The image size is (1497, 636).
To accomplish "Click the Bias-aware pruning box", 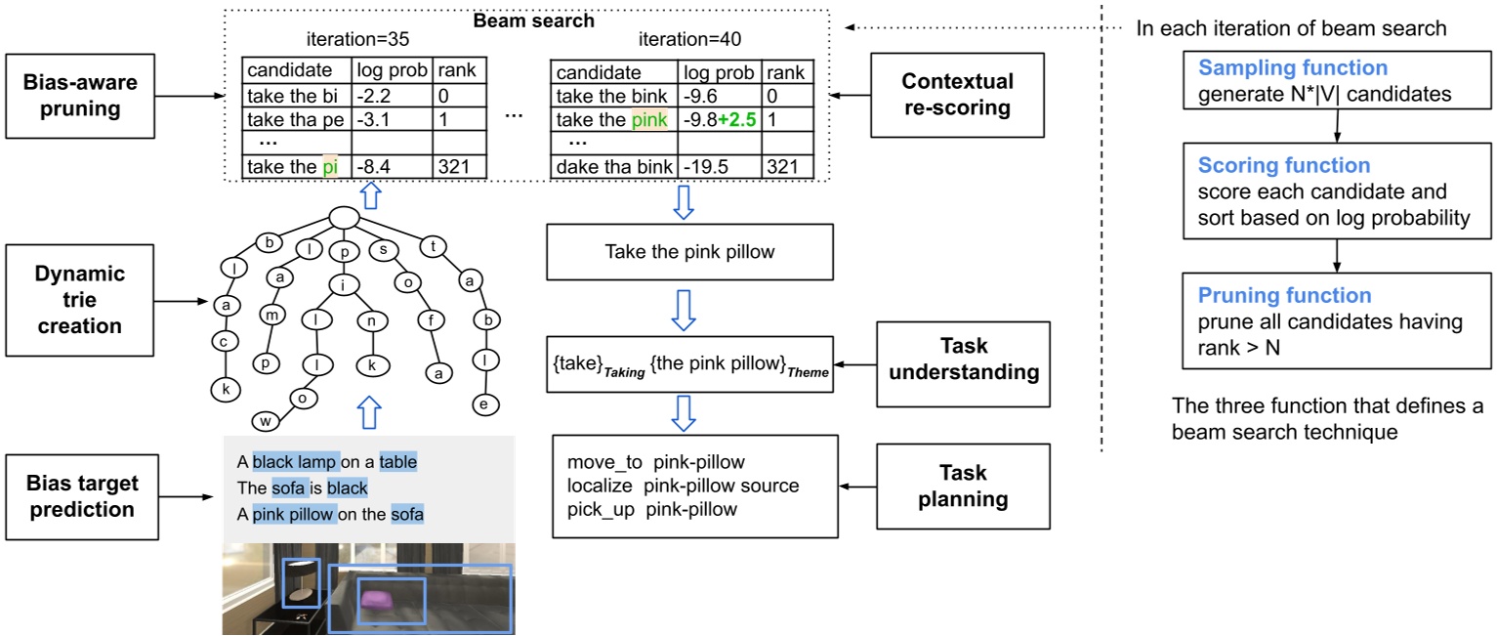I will (x=81, y=95).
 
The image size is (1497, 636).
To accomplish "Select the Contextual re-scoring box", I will (x=957, y=95).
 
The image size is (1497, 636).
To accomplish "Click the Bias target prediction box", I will (x=81, y=495).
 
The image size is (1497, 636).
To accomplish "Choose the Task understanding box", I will (x=964, y=359).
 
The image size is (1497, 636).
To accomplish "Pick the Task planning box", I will (x=964, y=486).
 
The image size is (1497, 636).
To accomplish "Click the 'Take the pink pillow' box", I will (x=689, y=252).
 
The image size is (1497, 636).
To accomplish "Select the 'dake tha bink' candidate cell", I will (x=612, y=167).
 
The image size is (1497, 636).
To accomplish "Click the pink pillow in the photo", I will (x=375, y=598).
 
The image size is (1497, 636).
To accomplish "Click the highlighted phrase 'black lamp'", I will (x=295, y=461).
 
